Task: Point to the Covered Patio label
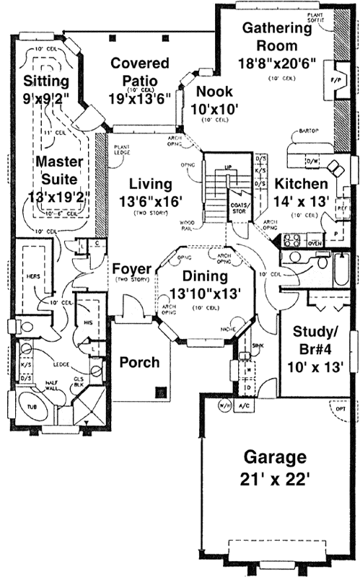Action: point(139,72)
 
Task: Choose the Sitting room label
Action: point(45,78)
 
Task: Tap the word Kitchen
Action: point(300,184)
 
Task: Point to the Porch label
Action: point(139,361)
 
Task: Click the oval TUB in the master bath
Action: point(31,408)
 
